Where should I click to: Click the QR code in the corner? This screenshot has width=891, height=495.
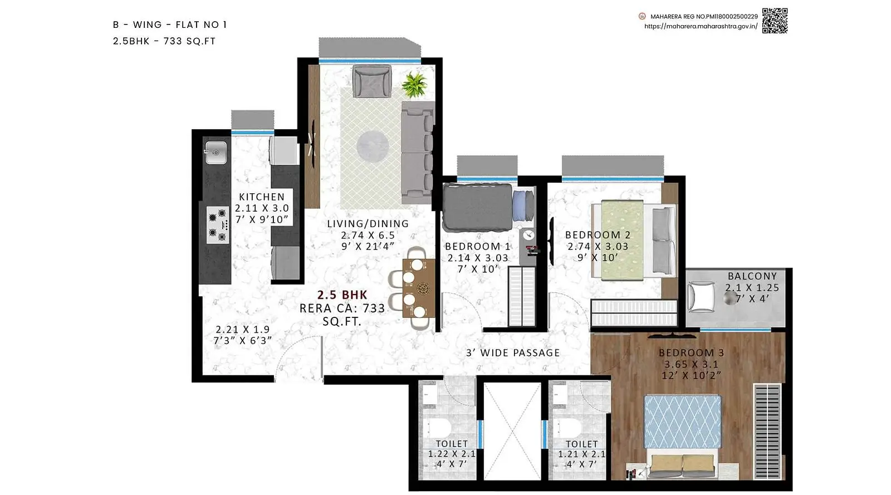[x=775, y=21]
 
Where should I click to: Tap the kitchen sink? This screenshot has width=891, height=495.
[x=216, y=153]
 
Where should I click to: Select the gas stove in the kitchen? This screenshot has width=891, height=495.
[x=218, y=224]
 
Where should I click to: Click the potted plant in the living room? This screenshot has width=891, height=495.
[x=414, y=84]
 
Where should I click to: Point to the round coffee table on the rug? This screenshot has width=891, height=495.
[x=373, y=146]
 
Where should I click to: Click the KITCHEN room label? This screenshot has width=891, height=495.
[x=262, y=197]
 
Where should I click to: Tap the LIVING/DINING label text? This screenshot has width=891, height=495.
[x=368, y=223]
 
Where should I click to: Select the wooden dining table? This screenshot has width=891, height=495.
[x=419, y=288]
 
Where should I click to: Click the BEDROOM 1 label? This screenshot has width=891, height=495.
[x=477, y=246]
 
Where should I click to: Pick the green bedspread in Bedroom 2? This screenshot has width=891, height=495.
[x=622, y=240]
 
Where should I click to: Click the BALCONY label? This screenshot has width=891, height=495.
[x=752, y=276]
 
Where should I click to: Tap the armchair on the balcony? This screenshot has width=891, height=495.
[x=702, y=297]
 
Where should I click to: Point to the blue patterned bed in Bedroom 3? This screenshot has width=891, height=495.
[x=682, y=422]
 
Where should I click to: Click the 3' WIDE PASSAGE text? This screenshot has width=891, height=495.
[x=513, y=352]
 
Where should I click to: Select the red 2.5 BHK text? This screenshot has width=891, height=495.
[x=342, y=295]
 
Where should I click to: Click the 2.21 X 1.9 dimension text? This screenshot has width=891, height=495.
[x=243, y=329]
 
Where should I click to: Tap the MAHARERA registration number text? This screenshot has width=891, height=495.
[x=704, y=16]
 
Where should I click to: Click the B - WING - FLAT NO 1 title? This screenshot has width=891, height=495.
[x=170, y=24]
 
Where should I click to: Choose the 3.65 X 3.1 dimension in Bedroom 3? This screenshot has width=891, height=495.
[x=691, y=364]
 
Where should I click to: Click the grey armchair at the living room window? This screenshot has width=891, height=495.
[x=372, y=81]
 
